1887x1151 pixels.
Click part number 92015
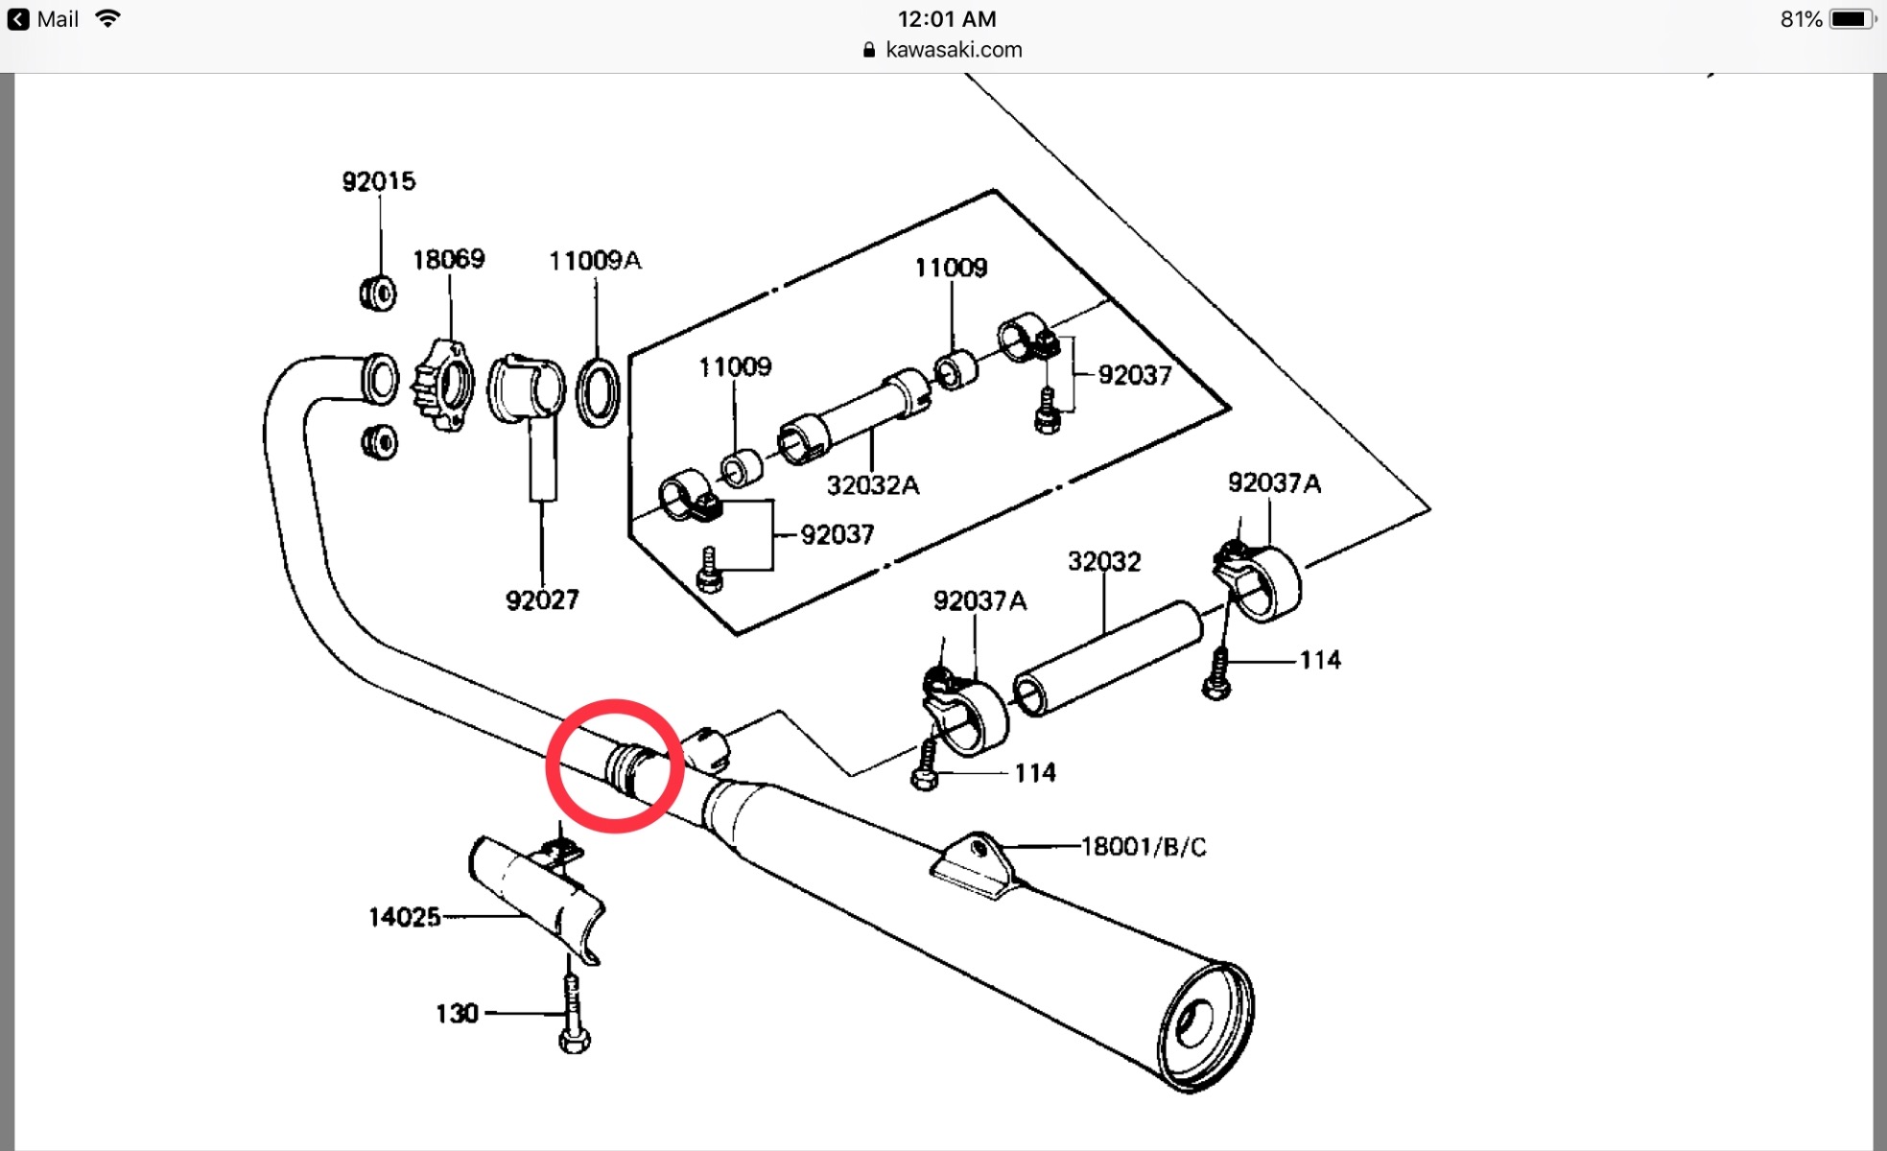pos(379,181)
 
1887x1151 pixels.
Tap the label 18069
pos(448,259)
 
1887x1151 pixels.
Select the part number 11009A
pos(595,260)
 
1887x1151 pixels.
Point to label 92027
pos(542,600)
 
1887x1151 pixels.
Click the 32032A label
pos(872,485)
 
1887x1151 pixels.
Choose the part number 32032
pos(1104,561)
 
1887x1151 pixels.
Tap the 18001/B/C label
pos(1144,847)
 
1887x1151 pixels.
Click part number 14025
pos(405,917)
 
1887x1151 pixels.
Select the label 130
pos(457,1014)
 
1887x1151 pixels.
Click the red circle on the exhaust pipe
pos(615,765)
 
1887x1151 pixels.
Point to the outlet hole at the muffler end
pos(1192,1023)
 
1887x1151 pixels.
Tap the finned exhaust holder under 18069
pos(443,385)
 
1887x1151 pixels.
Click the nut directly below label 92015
pos(378,293)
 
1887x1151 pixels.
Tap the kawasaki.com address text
pos(954,50)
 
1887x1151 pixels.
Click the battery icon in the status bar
pos(1851,19)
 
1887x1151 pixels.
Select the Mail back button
pos(44,19)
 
